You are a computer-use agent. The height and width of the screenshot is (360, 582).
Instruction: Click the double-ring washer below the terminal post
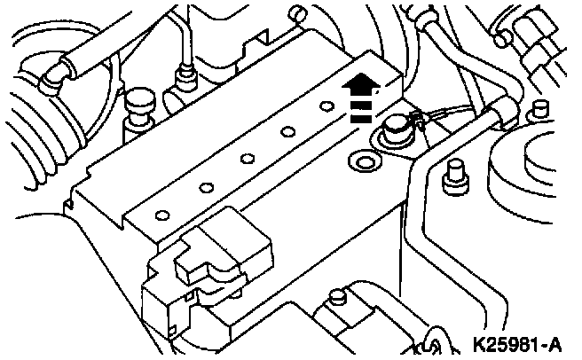click(362, 161)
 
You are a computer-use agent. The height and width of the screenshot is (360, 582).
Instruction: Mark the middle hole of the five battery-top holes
click(245, 160)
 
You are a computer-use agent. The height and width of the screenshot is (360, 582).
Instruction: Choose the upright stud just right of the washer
click(453, 173)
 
